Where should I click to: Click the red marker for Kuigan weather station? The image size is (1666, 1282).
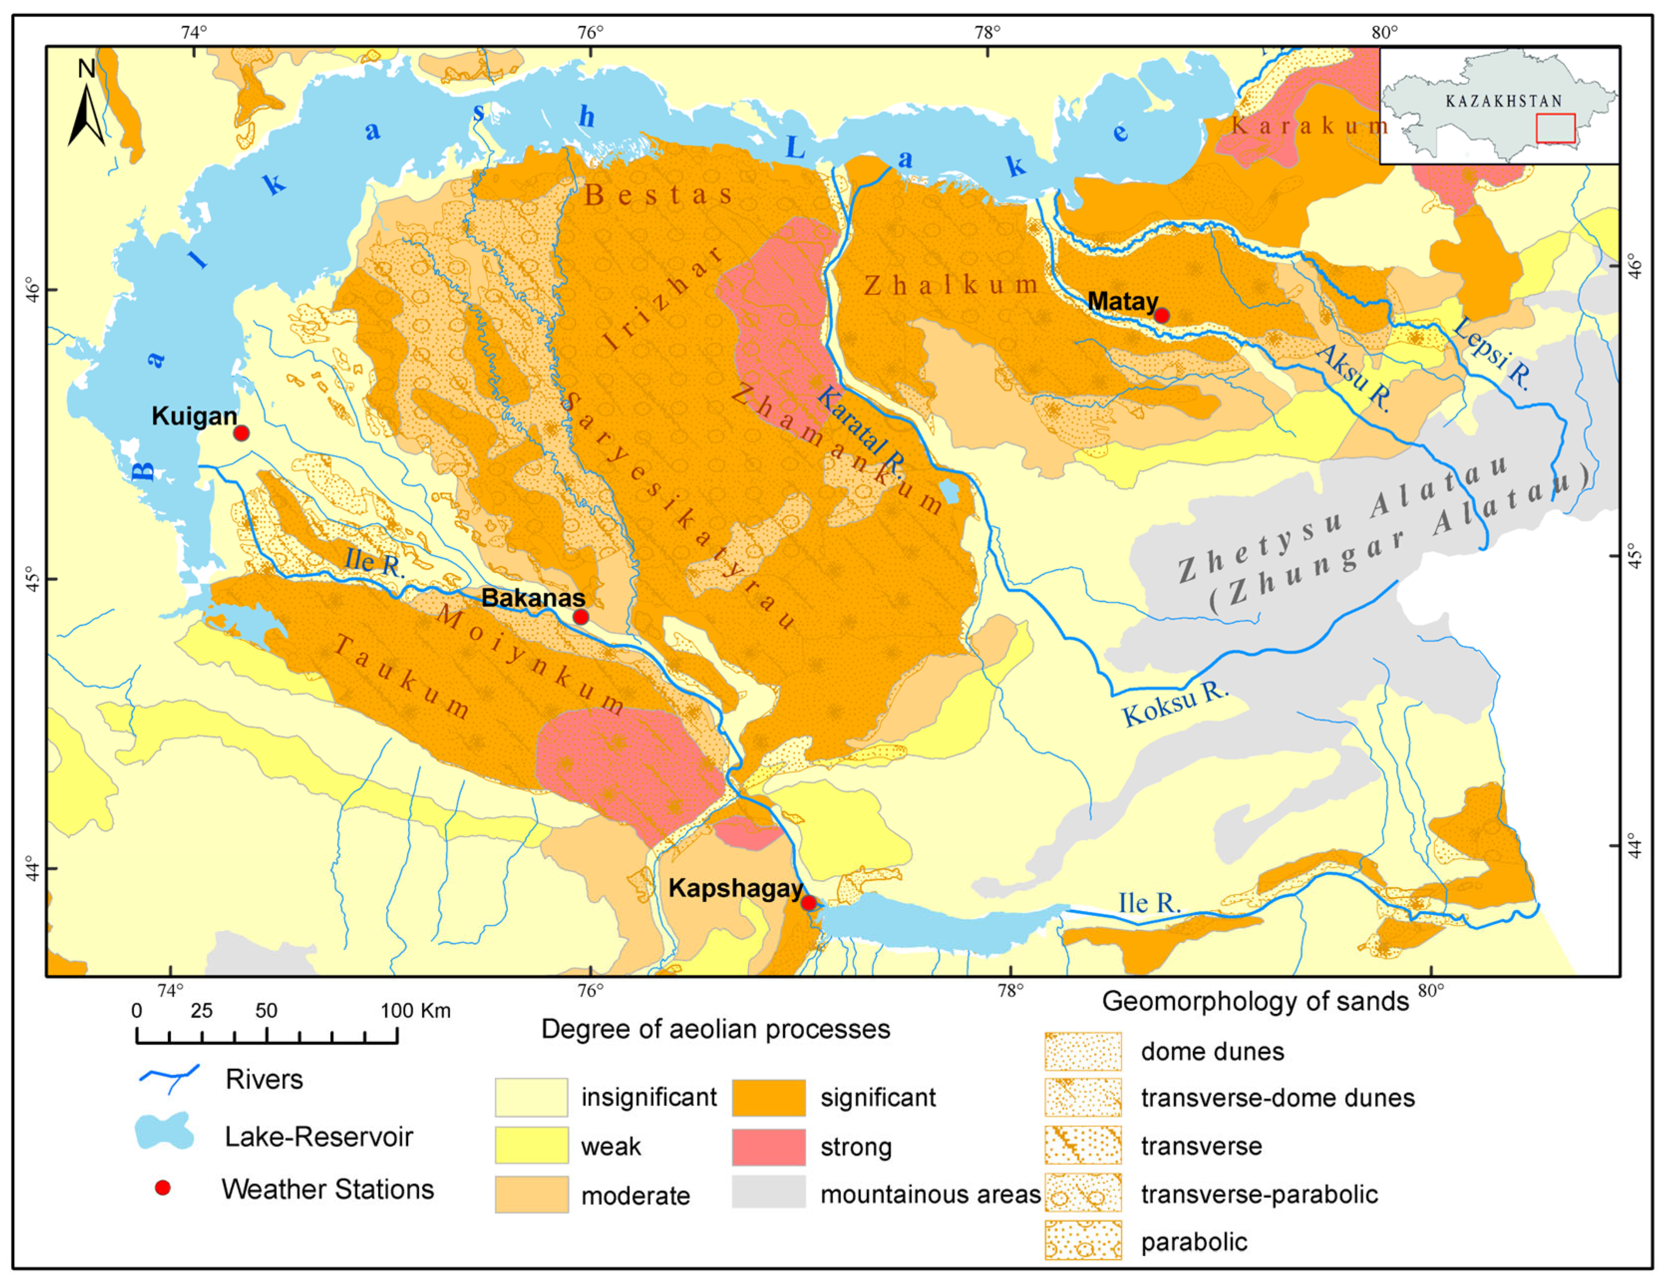pyautogui.click(x=241, y=433)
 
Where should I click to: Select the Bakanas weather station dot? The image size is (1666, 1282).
pyautogui.click(x=580, y=617)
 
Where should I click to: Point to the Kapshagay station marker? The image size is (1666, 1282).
pyautogui.click(x=809, y=903)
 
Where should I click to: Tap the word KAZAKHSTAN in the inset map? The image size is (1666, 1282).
pyautogui.click(x=1503, y=101)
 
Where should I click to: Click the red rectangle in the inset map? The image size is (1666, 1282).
pyautogui.click(x=1555, y=128)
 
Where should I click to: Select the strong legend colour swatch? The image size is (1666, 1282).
pyautogui.click(x=768, y=1147)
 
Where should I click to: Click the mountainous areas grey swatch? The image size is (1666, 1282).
pyautogui.click(x=768, y=1193)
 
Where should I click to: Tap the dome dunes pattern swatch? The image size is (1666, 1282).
pyautogui.click(x=1083, y=1052)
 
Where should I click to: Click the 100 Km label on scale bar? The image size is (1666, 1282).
pyautogui.click(x=416, y=1011)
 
